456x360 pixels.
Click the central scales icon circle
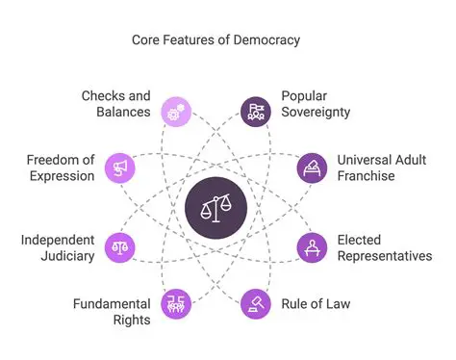tap(215, 208)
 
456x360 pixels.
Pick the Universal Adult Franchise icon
tap(311, 167)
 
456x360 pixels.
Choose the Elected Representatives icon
tap(311, 246)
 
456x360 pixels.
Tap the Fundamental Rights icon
tap(176, 304)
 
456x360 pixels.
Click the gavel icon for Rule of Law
tap(255, 304)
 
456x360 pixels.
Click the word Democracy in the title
tap(265, 40)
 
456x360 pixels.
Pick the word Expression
tap(62, 176)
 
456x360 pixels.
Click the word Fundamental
tap(112, 304)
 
